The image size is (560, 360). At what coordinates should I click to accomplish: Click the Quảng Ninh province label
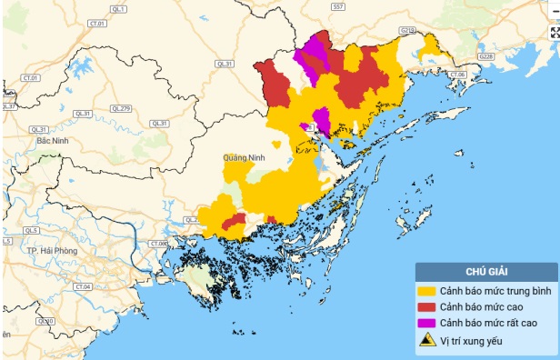(243, 157)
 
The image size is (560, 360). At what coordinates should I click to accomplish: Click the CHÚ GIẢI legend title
(485, 271)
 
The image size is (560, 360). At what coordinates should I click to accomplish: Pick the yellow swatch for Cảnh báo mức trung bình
(426, 291)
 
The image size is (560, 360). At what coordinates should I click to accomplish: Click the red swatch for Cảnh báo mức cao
(426, 307)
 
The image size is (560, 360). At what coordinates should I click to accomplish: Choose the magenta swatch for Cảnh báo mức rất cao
(426, 324)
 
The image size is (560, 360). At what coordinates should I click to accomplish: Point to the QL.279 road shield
(121, 108)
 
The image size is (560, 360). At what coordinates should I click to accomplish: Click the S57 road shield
(338, 6)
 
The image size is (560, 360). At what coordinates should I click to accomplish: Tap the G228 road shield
(486, 56)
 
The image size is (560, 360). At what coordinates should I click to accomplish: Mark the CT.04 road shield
(84, 286)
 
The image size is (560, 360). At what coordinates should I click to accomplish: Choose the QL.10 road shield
(45, 322)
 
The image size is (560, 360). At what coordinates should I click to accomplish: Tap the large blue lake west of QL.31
(80, 67)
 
